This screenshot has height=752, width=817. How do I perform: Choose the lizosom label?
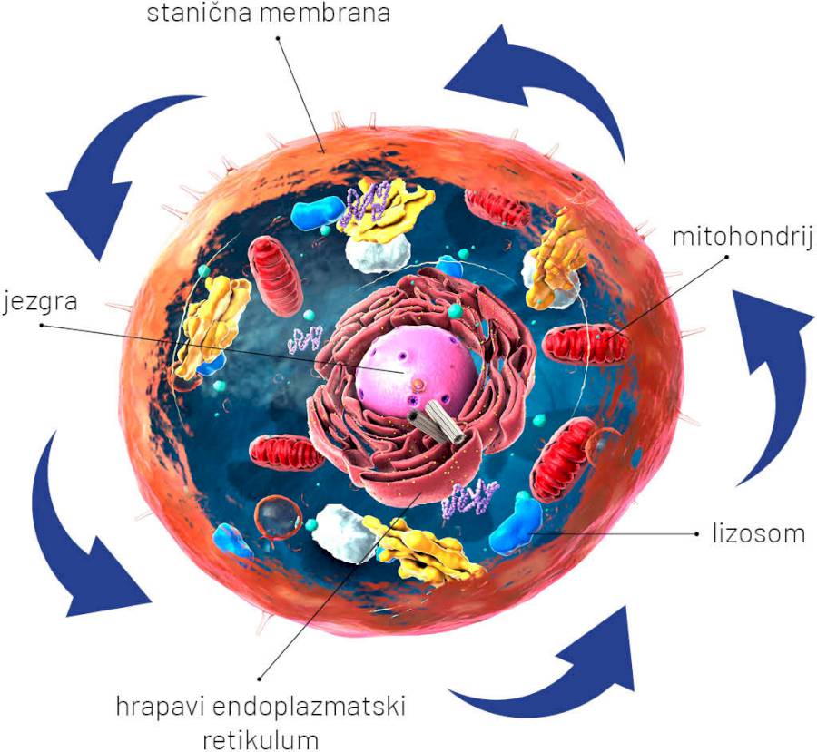click(758, 532)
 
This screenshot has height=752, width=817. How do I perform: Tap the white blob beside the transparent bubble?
click(338, 534)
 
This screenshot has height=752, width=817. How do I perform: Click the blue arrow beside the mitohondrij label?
click(772, 381)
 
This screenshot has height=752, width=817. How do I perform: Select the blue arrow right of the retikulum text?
click(554, 671)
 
